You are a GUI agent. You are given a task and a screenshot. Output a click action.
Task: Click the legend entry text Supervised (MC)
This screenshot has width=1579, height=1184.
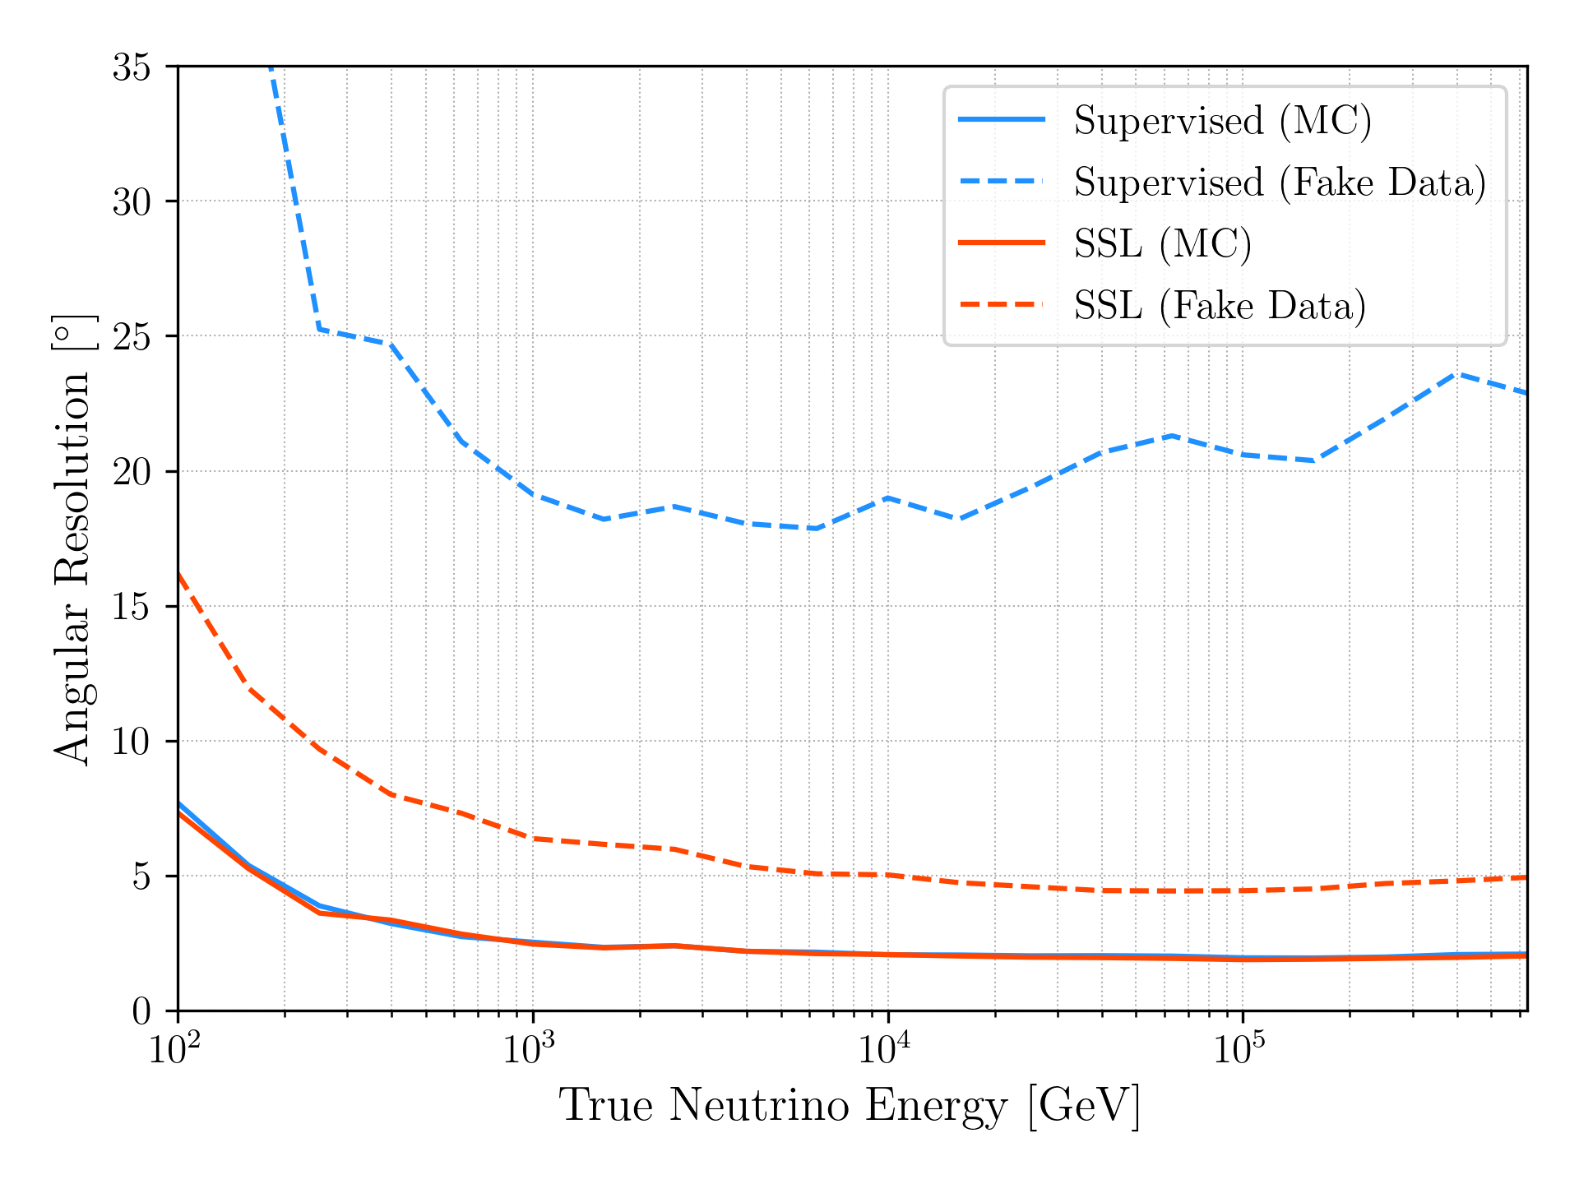coord(1222,121)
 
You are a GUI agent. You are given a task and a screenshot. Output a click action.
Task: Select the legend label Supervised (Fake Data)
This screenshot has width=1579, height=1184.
coord(1280,183)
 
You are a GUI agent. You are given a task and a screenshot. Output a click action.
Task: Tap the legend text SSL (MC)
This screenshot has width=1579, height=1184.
coord(1162,244)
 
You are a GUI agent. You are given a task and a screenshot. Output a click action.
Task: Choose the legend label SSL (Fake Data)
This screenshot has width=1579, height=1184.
coord(1220,306)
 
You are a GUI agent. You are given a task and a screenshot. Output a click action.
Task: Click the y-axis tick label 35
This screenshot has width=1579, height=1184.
coord(132,67)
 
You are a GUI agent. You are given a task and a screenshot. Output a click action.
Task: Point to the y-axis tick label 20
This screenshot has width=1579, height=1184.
coord(132,472)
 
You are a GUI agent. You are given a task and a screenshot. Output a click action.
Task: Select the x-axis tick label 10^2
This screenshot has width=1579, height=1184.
coord(174,1049)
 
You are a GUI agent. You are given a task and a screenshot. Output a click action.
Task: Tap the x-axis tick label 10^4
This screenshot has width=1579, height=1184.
coord(885,1049)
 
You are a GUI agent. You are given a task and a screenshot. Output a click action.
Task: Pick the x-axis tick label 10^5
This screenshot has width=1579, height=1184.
coord(1240,1049)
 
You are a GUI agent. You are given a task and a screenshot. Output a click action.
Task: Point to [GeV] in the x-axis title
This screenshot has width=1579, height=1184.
coord(1084,1105)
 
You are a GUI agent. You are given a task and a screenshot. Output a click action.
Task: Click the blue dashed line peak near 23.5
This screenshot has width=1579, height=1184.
coord(1456,374)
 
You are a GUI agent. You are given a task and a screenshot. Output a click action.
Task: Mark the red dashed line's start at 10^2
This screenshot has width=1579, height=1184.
coord(179,575)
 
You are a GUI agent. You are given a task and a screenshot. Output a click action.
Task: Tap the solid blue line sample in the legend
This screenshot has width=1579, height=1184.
coord(1002,120)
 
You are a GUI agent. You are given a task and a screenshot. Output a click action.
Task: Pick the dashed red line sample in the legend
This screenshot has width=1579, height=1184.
coord(1002,305)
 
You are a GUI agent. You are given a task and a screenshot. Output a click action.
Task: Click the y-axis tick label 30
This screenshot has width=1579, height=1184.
coord(132,202)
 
